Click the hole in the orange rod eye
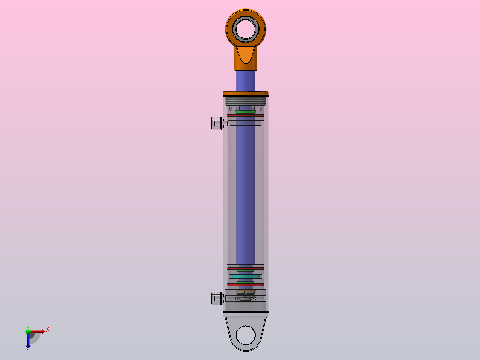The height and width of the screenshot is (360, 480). [246, 29]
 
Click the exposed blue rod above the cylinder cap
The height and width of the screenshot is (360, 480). [246, 81]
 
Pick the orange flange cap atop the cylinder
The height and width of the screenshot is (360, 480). [246, 94]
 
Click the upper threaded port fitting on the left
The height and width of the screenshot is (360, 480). [216, 123]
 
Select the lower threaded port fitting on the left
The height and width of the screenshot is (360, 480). [216, 298]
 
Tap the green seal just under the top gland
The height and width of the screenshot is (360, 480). [246, 112]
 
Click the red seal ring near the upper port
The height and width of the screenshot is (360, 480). [246, 116]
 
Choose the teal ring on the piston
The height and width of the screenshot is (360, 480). [246, 277]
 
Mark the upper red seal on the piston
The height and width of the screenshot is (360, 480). [246, 268]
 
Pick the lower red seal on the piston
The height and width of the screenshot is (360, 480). [246, 285]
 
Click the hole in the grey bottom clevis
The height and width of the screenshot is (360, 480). [246, 335]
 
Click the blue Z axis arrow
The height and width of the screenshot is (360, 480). [28, 341]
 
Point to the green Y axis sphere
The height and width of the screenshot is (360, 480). [28, 331]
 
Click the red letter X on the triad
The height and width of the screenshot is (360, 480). [48, 329]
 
